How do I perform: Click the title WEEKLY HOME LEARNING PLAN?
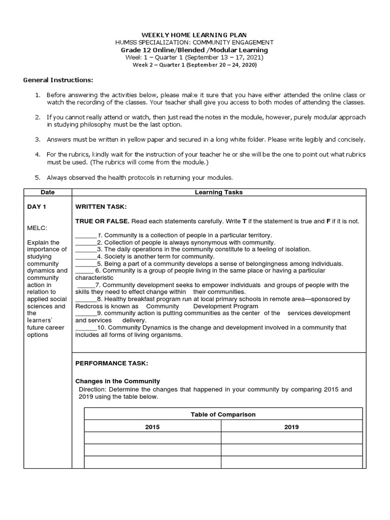(194, 35)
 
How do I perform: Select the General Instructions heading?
(58, 80)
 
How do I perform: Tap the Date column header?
(48, 192)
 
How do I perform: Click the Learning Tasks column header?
(219, 192)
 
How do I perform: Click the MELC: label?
(37, 228)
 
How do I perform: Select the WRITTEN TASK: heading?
(101, 207)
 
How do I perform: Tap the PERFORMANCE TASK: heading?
(111, 364)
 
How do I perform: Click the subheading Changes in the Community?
(117, 381)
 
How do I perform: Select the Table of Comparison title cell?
(223, 414)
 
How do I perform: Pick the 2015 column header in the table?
(152, 427)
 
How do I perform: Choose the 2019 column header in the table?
(291, 427)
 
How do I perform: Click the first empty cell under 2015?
(152, 438)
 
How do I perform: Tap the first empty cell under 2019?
(291, 438)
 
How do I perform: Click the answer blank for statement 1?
(85, 236)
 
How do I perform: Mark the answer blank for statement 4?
(85, 257)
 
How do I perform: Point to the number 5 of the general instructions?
(37, 178)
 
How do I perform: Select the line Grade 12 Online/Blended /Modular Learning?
(194, 50)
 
